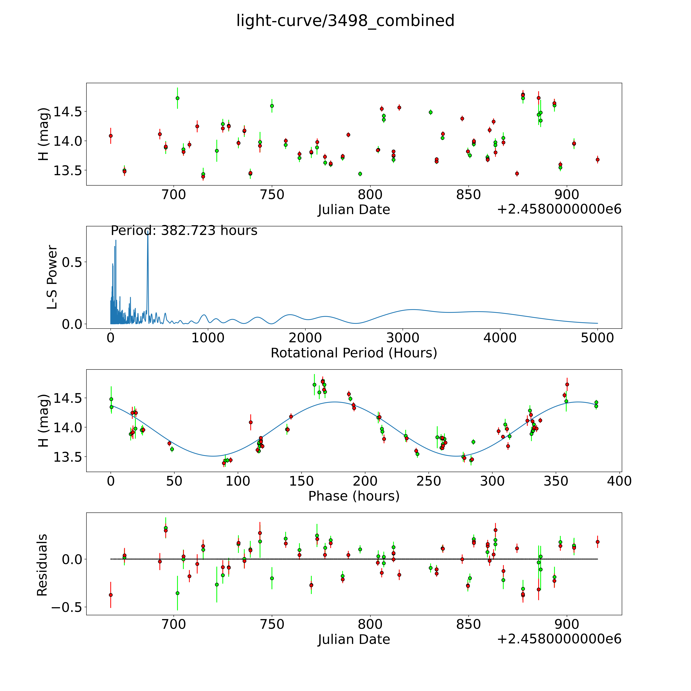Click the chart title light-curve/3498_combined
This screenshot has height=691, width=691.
(x=345, y=21)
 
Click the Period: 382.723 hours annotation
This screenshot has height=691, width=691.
(x=184, y=231)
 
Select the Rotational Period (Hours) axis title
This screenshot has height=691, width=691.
(x=354, y=353)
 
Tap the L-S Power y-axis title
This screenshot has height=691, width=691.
(x=52, y=277)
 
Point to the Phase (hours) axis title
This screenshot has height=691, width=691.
(x=354, y=496)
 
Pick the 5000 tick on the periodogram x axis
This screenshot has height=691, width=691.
(x=597, y=338)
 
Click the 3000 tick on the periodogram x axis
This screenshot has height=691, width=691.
(x=403, y=338)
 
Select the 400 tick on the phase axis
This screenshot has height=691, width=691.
(x=619, y=481)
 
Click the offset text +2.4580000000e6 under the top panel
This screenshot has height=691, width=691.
(x=559, y=210)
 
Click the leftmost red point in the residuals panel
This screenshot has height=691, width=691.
(x=111, y=595)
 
